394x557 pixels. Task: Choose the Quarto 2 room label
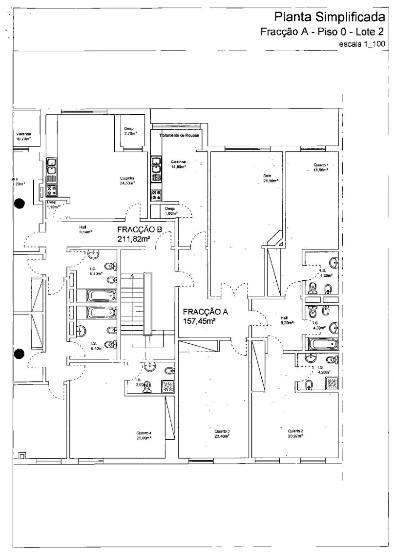pos(296,433)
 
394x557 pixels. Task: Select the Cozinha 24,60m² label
pos(127,180)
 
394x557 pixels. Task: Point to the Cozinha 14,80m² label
pos(178,164)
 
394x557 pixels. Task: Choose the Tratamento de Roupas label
pos(180,136)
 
